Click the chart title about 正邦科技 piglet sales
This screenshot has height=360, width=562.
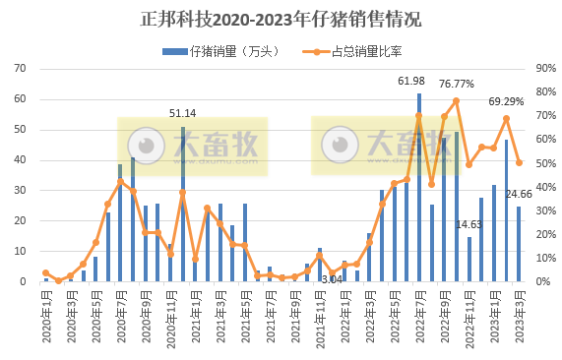[281, 19]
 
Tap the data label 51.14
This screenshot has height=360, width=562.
[183, 113]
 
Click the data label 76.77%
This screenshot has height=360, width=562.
[457, 84]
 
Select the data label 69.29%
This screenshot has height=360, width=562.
[506, 100]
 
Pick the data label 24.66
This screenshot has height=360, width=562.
[520, 195]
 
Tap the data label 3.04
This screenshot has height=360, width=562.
[332, 280]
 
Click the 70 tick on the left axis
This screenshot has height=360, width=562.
[20, 69]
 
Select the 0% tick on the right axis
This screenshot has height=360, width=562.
[542, 282]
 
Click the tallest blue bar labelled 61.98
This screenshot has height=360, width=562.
[419, 187]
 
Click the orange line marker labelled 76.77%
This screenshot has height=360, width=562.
[457, 100]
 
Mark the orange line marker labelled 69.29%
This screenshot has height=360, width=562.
[506, 118]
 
